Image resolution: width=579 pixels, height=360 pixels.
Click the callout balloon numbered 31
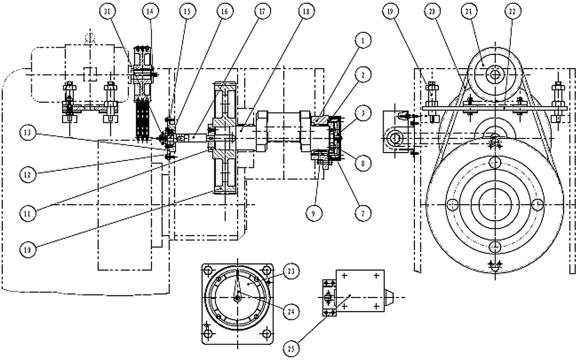point(108,11)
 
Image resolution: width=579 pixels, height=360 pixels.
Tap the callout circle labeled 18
point(306,11)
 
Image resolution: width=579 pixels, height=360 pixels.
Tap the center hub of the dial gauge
point(237,298)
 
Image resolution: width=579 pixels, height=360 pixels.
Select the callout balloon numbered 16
point(222,11)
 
